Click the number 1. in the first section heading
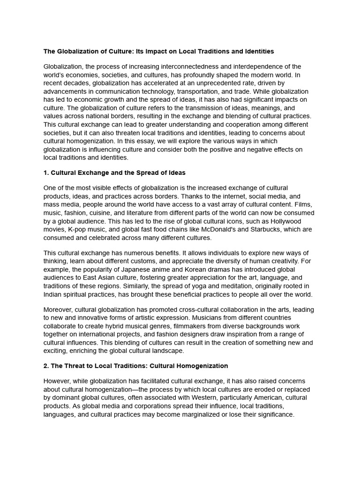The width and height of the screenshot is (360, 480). [x=46, y=173]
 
